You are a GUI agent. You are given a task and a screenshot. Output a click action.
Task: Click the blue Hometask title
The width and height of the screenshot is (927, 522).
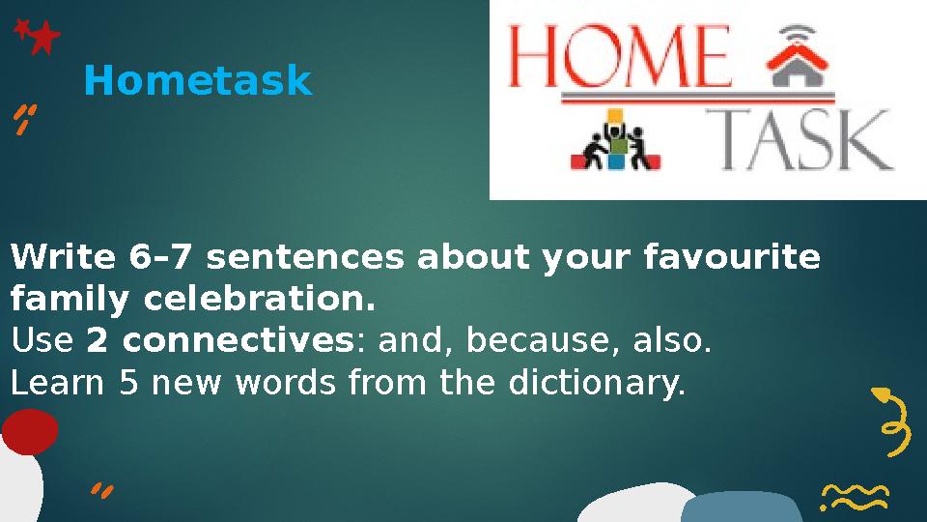198,82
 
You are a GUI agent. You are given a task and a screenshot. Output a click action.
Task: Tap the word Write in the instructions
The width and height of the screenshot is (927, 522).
63,259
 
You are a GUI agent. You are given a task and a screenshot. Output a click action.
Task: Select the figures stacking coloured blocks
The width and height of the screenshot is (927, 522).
615,143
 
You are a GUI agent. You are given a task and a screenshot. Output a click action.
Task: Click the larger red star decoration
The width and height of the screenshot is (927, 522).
43,39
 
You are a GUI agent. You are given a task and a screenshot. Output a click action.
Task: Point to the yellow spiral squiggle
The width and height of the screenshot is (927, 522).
892,421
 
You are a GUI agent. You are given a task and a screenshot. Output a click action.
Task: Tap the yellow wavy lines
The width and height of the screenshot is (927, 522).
855,498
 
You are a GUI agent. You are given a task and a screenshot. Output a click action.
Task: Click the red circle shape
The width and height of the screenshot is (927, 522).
29,431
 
